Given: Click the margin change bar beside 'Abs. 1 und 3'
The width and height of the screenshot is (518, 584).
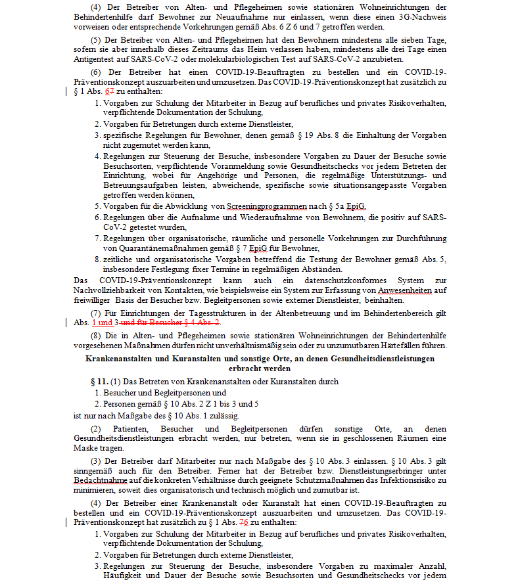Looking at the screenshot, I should pyautogui.click(x=68, y=323).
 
